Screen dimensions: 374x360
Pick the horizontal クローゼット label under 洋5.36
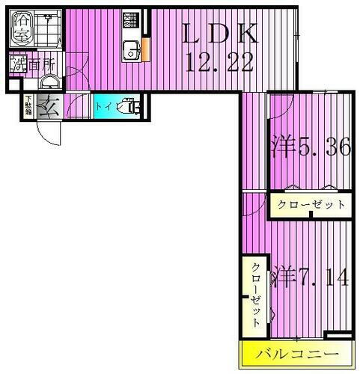click(x=311, y=204)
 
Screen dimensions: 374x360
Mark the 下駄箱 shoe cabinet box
click(x=28, y=107)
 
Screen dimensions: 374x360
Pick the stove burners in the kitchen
click(x=132, y=19)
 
